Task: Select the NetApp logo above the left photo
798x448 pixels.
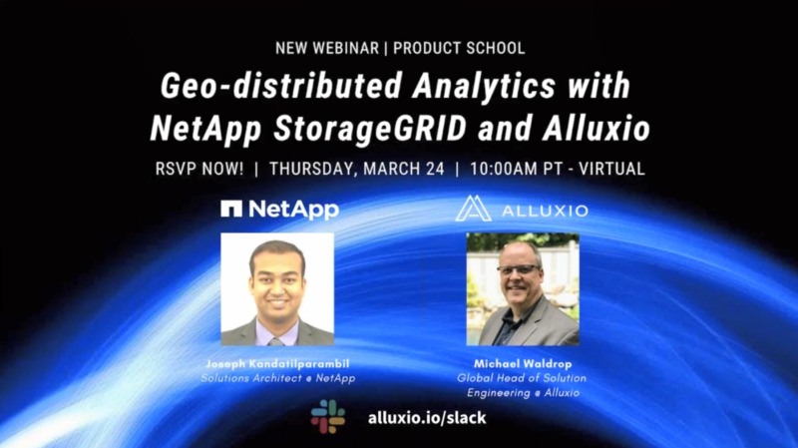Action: (279, 210)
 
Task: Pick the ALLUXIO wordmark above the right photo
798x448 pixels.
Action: (543, 211)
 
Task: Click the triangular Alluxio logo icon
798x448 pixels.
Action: (473, 209)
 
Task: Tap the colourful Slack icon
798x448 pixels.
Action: (327, 416)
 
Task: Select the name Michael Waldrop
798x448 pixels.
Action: (521, 365)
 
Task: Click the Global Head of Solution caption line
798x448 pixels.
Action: (522, 378)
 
